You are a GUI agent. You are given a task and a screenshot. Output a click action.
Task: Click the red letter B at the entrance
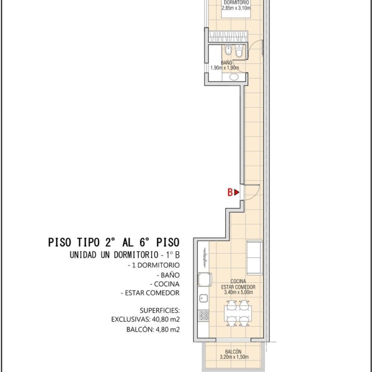(230, 192)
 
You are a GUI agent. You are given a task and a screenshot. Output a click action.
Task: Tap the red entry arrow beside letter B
(237, 192)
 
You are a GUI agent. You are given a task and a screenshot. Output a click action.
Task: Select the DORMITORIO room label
(236, 2)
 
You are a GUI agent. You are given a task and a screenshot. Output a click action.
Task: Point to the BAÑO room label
(227, 62)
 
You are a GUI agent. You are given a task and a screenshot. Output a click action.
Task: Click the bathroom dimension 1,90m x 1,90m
(225, 68)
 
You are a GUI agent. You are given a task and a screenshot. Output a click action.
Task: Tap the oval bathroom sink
(234, 77)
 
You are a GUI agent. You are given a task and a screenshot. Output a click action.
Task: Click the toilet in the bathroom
(239, 51)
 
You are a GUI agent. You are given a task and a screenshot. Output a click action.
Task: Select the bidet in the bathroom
(228, 51)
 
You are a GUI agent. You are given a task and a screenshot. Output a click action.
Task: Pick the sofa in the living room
(255, 258)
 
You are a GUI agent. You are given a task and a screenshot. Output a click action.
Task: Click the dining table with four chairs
(238, 313)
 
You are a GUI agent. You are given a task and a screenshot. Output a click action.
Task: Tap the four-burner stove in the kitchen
(204, 316)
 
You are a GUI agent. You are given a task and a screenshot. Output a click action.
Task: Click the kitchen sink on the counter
(203, 298)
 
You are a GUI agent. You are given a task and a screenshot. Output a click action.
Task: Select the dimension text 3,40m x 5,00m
(238, 292)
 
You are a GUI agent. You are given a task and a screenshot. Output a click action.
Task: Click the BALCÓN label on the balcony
(233, 351)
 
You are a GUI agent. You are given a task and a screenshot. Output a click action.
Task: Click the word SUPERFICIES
(160, 310)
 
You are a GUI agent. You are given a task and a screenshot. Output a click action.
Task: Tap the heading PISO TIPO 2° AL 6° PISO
(114, 242)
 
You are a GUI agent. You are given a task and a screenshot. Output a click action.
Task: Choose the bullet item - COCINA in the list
(165, 284)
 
